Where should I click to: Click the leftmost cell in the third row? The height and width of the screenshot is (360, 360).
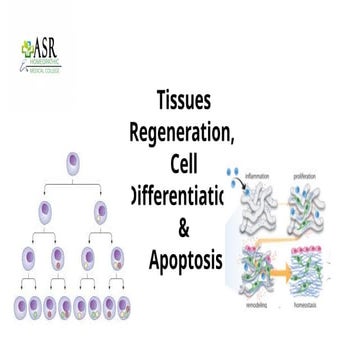tap(27, 258)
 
